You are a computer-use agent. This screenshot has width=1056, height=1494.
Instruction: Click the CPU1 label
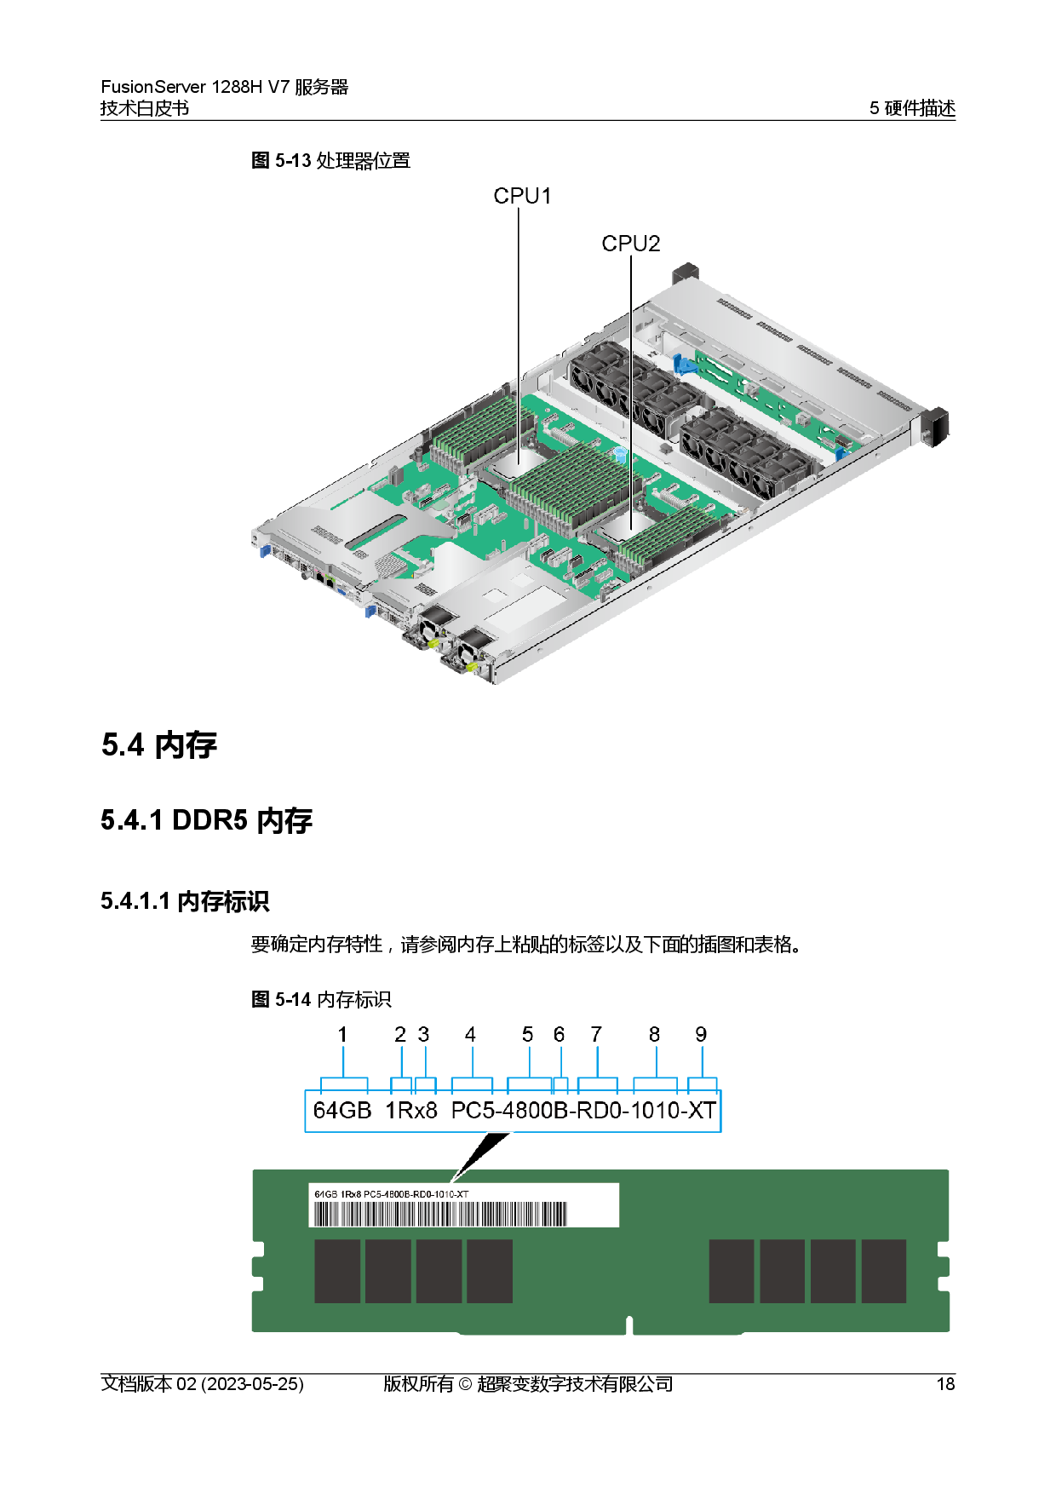click(522, 196)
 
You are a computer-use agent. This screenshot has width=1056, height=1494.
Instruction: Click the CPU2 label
click(630, 244)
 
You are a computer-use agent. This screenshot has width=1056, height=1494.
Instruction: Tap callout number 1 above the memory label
click(342, 1034)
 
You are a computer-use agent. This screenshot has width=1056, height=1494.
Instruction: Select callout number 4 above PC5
click(470, 1034)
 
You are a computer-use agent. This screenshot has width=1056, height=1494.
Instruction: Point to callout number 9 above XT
click(701, 1034)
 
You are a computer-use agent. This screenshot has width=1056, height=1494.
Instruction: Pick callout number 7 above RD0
click(596, 1034)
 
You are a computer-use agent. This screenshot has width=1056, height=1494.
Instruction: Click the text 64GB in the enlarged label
click(342, 1111)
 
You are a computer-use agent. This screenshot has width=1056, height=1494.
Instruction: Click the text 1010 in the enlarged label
click(655, 1111)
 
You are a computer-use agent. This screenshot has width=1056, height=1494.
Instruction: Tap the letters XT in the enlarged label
click(702, 1111)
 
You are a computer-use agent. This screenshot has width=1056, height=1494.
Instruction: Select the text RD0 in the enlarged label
click(599, 1111)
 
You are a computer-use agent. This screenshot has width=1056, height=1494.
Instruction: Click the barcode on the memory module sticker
click(440, 1213)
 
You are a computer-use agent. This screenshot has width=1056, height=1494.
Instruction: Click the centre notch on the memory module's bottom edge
click(629, 1325)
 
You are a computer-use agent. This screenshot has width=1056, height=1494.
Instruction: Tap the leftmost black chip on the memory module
click(337, 1271)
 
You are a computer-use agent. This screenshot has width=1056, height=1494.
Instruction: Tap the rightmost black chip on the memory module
click(884, 1271)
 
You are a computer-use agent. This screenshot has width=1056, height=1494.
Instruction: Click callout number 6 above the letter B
click(559, 1034)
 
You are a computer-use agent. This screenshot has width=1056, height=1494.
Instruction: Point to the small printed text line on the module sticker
click(391, 1194)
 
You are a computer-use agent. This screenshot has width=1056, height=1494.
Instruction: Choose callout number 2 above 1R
click(400, 1034)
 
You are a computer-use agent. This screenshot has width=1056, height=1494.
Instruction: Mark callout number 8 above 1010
click(654, 1034)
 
